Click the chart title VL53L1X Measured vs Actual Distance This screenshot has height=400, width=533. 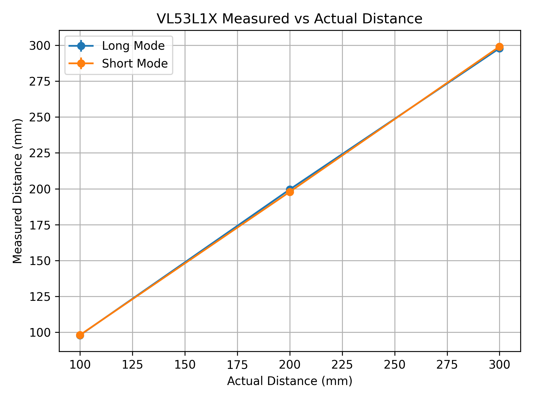coord(290,19)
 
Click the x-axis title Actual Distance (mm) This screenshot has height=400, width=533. coord(290,381)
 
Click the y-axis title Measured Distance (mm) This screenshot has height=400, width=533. coord(17,191)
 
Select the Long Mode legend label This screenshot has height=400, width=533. coord(133,46)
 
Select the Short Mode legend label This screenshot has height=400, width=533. coord(135,64)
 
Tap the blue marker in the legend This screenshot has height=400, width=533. coord(81,46)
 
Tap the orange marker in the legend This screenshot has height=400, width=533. coord(81,64)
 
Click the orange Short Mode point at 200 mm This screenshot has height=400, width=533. coord(290,192)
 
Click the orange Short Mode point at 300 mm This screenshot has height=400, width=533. coord(499,47)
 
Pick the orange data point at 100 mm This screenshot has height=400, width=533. coord(80,335)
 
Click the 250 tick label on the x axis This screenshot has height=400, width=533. coord(394,365)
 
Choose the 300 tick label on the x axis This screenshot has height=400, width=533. coord(499,365)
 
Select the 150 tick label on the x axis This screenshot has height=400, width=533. coord(185,365)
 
